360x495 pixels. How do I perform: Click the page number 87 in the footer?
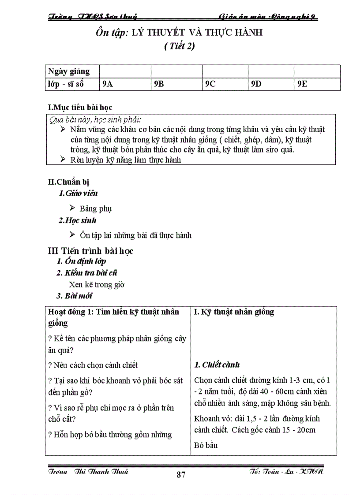point(181,475)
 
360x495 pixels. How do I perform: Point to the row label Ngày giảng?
point(69,71)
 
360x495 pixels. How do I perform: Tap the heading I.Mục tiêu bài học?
point(80,107)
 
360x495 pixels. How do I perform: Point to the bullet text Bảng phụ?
point(96,208)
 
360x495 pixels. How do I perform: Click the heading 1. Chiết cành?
point(217,365)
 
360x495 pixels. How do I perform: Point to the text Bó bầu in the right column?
point(206,445)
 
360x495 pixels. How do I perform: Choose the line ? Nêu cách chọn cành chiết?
point(93,365)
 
